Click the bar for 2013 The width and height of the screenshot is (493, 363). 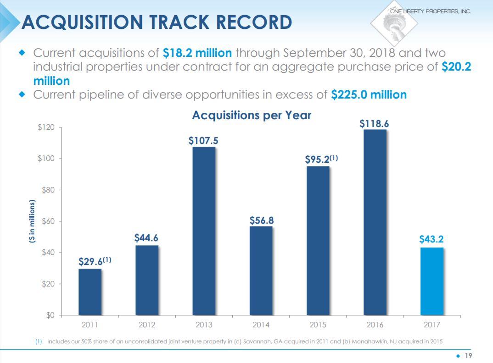pos(204,231)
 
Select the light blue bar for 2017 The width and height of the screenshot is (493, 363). pos(432,281)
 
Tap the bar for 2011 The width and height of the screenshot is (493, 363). pos(90,292)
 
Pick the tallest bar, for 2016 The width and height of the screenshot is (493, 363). pos(375,222)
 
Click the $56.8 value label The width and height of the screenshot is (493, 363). pos(261,220)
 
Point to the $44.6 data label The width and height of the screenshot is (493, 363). pos(146,238)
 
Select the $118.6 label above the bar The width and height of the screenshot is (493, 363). pos(375,124)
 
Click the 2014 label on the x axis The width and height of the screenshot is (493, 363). pos(261,325)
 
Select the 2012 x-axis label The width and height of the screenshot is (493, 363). pos(146,325)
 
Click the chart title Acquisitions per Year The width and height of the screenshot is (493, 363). pos(252,115)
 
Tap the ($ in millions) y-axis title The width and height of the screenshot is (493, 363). pos(32,224)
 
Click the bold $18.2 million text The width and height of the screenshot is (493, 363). pos(197,53)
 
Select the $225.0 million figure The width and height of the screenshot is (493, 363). pos(369,95)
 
